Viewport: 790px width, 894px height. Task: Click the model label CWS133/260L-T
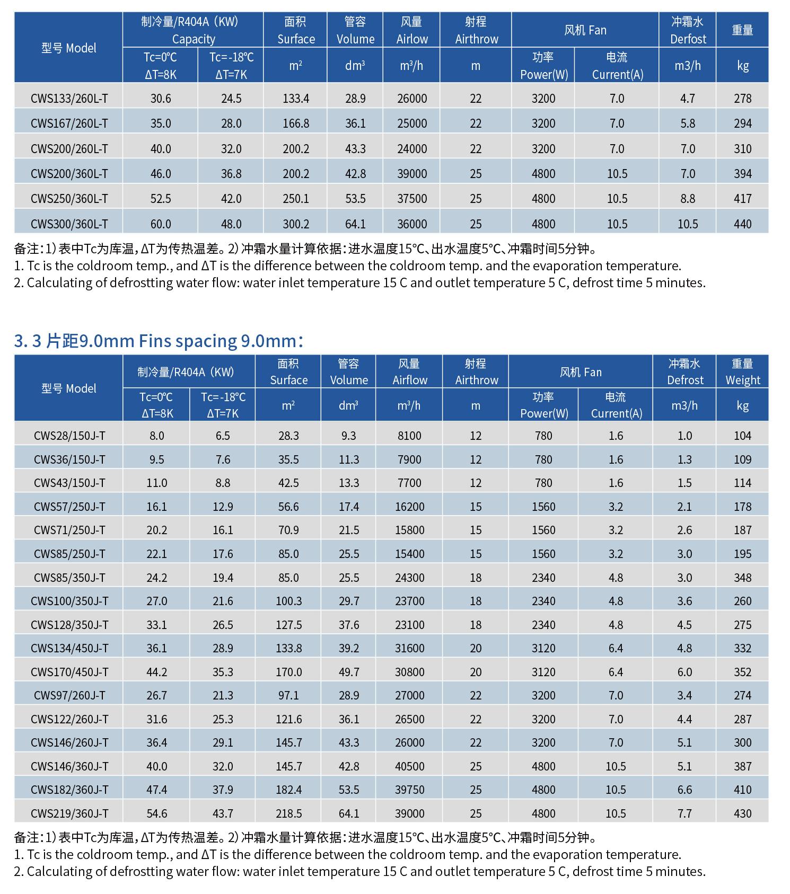click(x=69, y=99)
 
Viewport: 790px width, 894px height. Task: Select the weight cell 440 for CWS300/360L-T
click(x=742, y=224)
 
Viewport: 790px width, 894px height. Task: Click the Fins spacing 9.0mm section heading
click(x=159, y=341)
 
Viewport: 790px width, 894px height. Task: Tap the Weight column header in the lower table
click(x=742, y=380)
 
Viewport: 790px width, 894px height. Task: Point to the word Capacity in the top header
click(x=194, y=39)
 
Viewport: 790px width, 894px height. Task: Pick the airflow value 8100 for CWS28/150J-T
click(x=409, y=436)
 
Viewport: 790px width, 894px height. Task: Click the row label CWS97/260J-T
click(x=69, y=695)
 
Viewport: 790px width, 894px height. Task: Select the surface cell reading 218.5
click(x=288, y=813)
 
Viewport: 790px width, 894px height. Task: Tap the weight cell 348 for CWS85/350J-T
click(x=742, y=578)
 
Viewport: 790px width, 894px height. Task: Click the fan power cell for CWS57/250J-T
click(x=543, y=507)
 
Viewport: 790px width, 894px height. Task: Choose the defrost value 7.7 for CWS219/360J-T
click(x=684, y=813)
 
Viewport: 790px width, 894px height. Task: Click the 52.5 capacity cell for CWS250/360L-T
click(x=161, y=199)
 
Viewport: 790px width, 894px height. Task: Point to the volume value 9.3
click(x=349, y=436)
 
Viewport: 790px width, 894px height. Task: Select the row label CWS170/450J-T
click(x=69, y=672)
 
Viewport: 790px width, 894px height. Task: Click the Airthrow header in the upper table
click(x=476, y=39)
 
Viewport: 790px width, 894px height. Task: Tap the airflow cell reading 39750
click(x=409, y=790)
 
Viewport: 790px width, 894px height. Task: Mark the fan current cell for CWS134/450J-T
click(x=616, y=648)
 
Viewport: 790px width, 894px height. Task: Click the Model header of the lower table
click(x=69, y=388)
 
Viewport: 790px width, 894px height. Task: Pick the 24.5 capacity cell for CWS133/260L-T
click(x=231, y=99)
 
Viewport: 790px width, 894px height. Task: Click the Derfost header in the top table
click(x=688, y=39)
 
